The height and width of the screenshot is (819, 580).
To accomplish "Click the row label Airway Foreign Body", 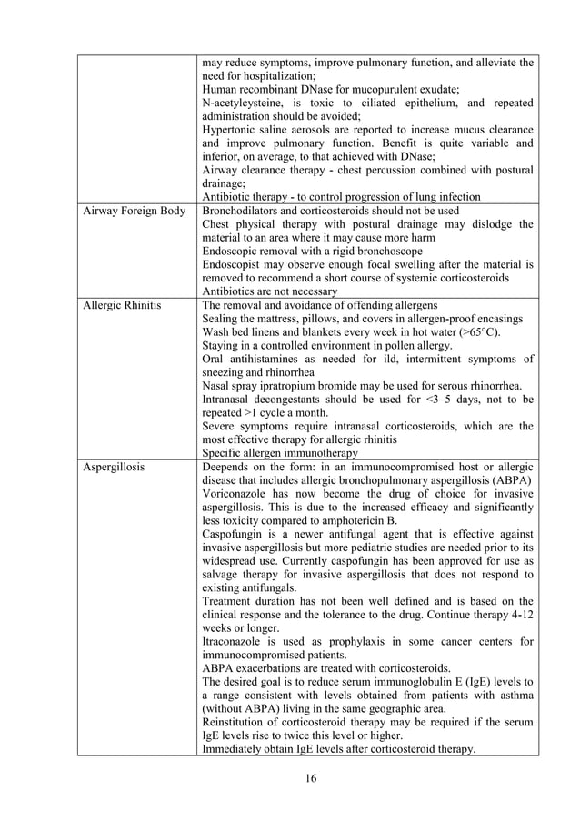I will tap(133, 211).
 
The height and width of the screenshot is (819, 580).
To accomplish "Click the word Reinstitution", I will tap(237, 722).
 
